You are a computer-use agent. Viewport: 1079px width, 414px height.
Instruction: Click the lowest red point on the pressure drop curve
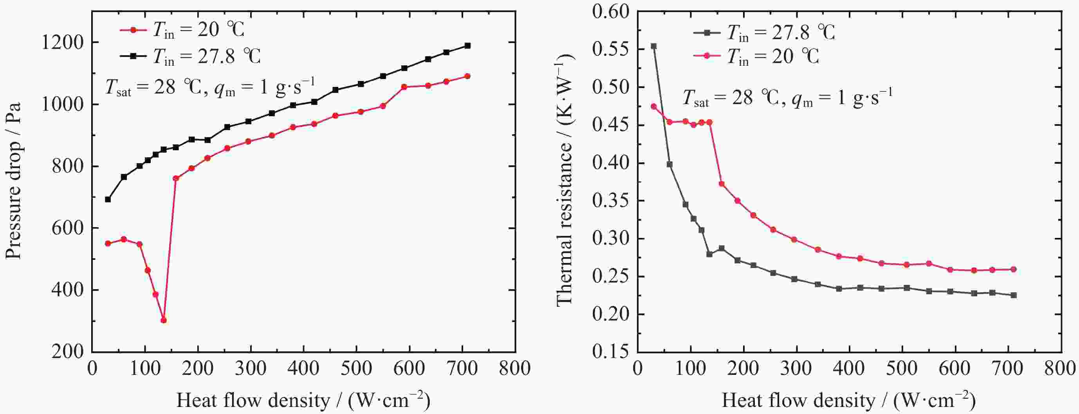[163, 320]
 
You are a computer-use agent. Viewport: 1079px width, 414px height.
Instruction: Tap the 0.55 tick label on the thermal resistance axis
[611, 49]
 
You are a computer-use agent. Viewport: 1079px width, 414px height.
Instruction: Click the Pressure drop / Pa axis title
[13, 180]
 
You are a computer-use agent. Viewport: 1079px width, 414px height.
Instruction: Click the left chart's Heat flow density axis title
[303, 400]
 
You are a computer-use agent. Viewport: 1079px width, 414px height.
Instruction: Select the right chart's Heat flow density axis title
[849, 400]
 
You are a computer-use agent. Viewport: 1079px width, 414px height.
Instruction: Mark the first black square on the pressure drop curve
[108, 199]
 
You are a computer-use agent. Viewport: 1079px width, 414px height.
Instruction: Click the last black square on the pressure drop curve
[467, 46]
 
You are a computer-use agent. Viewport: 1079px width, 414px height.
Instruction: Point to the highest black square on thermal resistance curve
[653, 46]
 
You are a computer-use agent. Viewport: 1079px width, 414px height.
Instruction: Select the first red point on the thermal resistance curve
[653, 106]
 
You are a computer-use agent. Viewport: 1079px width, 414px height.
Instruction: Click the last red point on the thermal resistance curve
[1014, 269]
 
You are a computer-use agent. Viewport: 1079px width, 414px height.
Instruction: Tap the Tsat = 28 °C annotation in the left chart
[209, 88]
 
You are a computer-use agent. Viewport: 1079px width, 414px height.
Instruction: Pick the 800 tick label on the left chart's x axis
[515, 368]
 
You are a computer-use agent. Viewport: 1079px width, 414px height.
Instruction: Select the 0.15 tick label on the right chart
[611, 352]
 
